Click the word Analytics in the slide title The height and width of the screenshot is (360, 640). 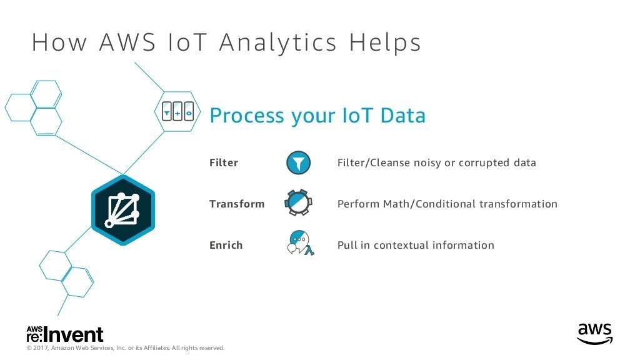click(x=278, y=43)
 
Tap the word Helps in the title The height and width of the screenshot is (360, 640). click(x=385, y=42)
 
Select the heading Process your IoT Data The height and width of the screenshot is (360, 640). click(x=317, y=116)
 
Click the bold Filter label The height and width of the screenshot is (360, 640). click(x=224, y=163)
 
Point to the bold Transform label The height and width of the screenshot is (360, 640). click(x=237, y=204)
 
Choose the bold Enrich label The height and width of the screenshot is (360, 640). click(x=226, y=245)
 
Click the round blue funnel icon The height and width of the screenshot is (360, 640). click(x=298, y=162)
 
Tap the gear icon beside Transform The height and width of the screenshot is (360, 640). click(x=298, y=202)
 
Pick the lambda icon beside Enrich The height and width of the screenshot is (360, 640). click(x=301, y=243)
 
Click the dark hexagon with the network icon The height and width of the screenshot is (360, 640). click(x=123, y=210)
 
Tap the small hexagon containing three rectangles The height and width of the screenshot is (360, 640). click(x=177, y=111)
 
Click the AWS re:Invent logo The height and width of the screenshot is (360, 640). click(x=65, y=334)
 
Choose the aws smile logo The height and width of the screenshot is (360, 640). click(x=595, y=334)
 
